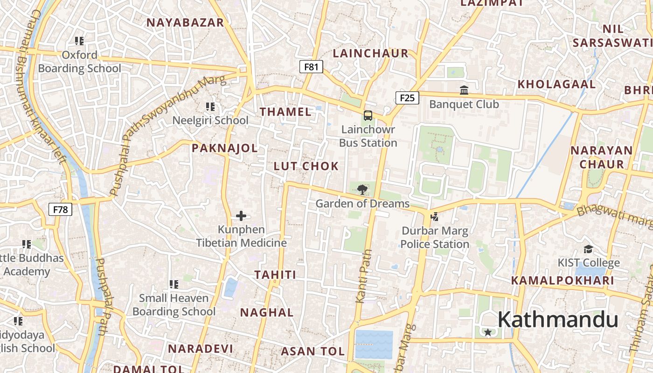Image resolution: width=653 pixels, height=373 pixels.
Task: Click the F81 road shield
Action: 311,67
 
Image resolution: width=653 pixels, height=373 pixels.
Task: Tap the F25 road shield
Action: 407,98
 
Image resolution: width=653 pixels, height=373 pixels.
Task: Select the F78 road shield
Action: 60,209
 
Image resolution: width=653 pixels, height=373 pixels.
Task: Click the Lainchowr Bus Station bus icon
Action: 368,115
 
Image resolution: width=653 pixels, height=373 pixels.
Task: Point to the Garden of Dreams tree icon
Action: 362,189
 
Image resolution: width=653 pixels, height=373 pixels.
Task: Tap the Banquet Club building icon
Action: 464,90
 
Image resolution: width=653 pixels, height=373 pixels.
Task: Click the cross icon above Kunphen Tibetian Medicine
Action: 241,216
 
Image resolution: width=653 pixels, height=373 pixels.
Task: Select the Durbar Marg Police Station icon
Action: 435,216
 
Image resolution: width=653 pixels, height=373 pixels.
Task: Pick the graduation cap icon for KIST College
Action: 589,249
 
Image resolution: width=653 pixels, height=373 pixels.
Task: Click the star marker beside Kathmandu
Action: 488,332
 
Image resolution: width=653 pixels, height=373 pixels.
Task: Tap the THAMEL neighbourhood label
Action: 285,112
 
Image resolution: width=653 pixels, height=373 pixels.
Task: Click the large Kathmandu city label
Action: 558,320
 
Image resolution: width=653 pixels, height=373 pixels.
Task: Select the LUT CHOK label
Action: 306,166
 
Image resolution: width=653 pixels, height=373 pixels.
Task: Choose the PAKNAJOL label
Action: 224,148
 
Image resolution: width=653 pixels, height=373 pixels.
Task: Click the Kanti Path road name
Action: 364,276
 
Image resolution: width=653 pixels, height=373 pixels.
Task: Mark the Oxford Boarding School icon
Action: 79,41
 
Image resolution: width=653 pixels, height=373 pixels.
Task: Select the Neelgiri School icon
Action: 210,107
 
